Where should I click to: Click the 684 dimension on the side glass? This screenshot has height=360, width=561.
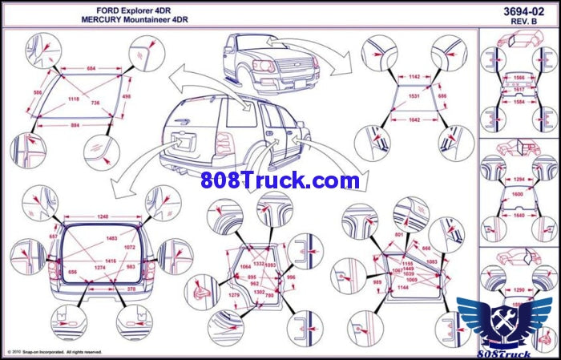(91, 69)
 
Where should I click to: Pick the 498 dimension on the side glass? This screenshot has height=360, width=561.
(126, 96)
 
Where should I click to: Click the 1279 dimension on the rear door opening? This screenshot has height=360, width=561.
(234, 296)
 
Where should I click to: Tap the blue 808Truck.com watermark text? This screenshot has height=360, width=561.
(280, 180)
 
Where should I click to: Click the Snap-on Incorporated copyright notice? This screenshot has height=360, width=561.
(54, 352)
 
